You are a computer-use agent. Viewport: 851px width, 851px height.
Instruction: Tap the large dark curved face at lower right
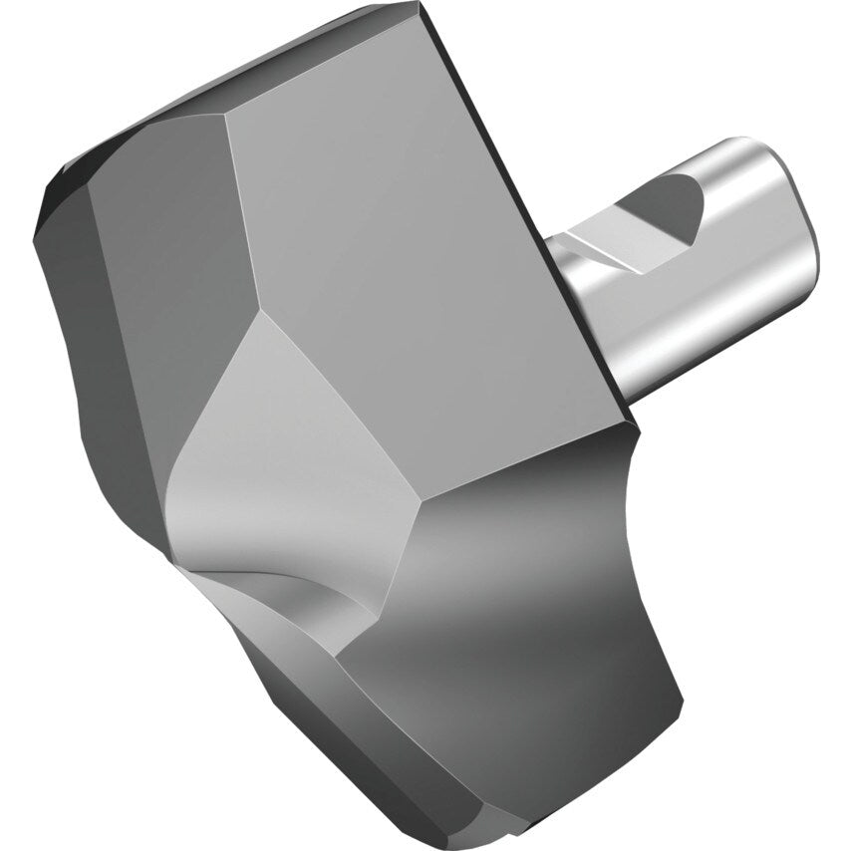[538, 618]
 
